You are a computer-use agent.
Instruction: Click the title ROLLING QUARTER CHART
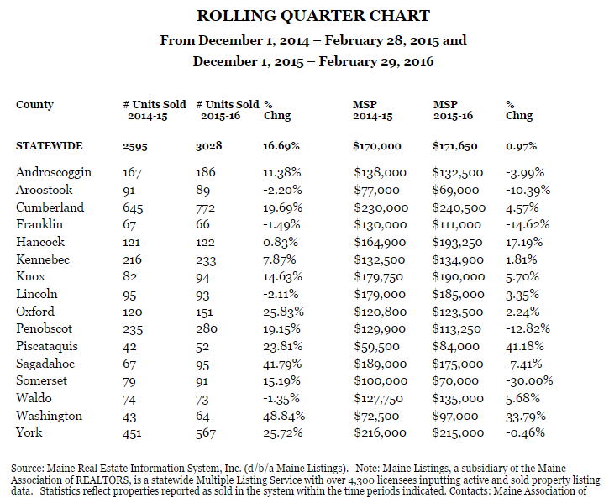[313, 16]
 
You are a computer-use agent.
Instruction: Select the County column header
[34, 105]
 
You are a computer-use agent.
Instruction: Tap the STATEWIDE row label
[50, 146]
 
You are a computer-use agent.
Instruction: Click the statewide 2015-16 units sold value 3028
[209, 146]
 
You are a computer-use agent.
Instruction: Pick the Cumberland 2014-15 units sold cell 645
[133, 208]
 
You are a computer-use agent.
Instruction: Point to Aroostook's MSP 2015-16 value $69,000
[456, 190]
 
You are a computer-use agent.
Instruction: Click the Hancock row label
[40, 242]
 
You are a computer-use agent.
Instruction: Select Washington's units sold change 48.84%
[284, 416]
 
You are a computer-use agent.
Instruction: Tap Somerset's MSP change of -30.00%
[529, 380]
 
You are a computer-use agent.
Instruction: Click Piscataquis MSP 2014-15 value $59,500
[376, 346]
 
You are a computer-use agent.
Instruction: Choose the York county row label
[29, 432]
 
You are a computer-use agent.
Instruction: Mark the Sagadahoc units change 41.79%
[282, 364]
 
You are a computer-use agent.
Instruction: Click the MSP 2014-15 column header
[373, 110]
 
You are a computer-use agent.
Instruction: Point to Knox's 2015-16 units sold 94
[202, 277]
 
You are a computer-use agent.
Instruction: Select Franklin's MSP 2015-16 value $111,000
[457, 225]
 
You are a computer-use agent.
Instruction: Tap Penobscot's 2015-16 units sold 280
[207, 328]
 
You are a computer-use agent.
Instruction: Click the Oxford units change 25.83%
[284, 312]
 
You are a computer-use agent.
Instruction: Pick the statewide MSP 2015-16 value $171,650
[455, 146]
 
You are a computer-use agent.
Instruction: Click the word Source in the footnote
[26, 468]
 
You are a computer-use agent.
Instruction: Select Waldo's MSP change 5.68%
[522, 398]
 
